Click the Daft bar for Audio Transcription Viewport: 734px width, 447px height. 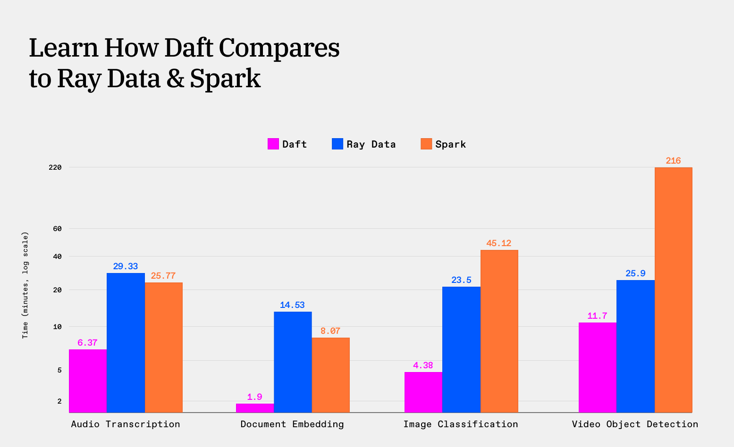click(x=88, y=381)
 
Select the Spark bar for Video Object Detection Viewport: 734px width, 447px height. click(x=673, y=290)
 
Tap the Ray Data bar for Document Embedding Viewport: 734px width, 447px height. click(x=293, y=362)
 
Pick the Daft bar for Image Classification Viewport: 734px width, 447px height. click(x=423, y=392)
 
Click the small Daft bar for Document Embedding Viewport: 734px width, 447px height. click(x=255, y=408)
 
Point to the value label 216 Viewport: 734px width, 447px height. click(x=673, y=161)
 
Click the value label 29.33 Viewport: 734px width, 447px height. click(x=126, y=266)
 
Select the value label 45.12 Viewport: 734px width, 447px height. click(x=499, y=243)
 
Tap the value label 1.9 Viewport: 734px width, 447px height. click(x=254, y=397)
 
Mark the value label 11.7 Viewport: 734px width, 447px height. click(x=597, y=316)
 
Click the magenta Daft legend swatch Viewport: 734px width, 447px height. click(x=273, y=144)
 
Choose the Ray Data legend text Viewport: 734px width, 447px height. click(x=371, y=144)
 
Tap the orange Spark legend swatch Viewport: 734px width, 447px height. click(x=426, y=144)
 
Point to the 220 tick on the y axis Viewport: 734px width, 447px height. click(x=55, y=167)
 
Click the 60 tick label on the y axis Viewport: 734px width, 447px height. click(x=57, y=229)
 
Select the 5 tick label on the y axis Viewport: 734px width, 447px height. click(x=59, y=370)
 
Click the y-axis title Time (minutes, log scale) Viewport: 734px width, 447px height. click(x=25, y=285)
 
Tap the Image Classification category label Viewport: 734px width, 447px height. click(x=460, y=424)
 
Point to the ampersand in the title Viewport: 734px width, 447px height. click(x=175, y=78)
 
